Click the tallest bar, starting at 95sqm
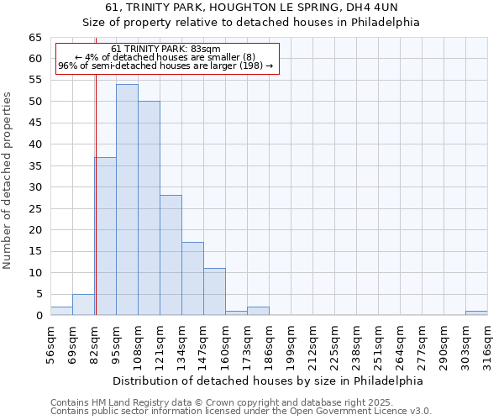tap(127, 200)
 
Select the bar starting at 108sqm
tap(149, 208)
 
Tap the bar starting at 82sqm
tap(105, 236)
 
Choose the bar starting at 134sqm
tap(192, 279)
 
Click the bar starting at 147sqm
tap(214, 291)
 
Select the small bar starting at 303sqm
tap(476, 312)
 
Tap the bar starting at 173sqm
tap(258, 311)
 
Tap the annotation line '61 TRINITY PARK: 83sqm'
tap(165, 49)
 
